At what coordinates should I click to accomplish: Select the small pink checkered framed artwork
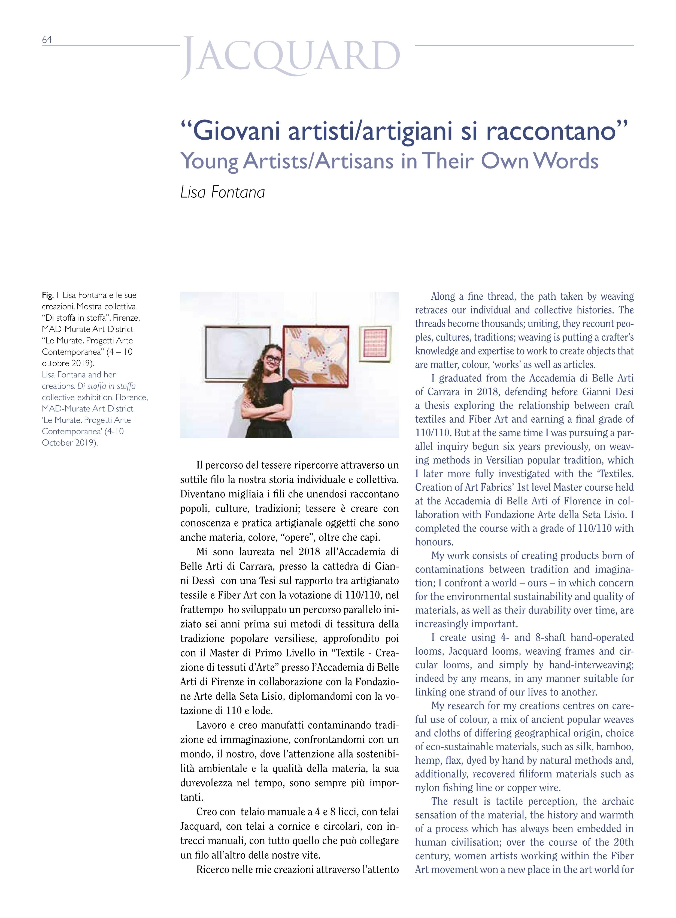375,343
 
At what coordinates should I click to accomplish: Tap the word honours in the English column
434,542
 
